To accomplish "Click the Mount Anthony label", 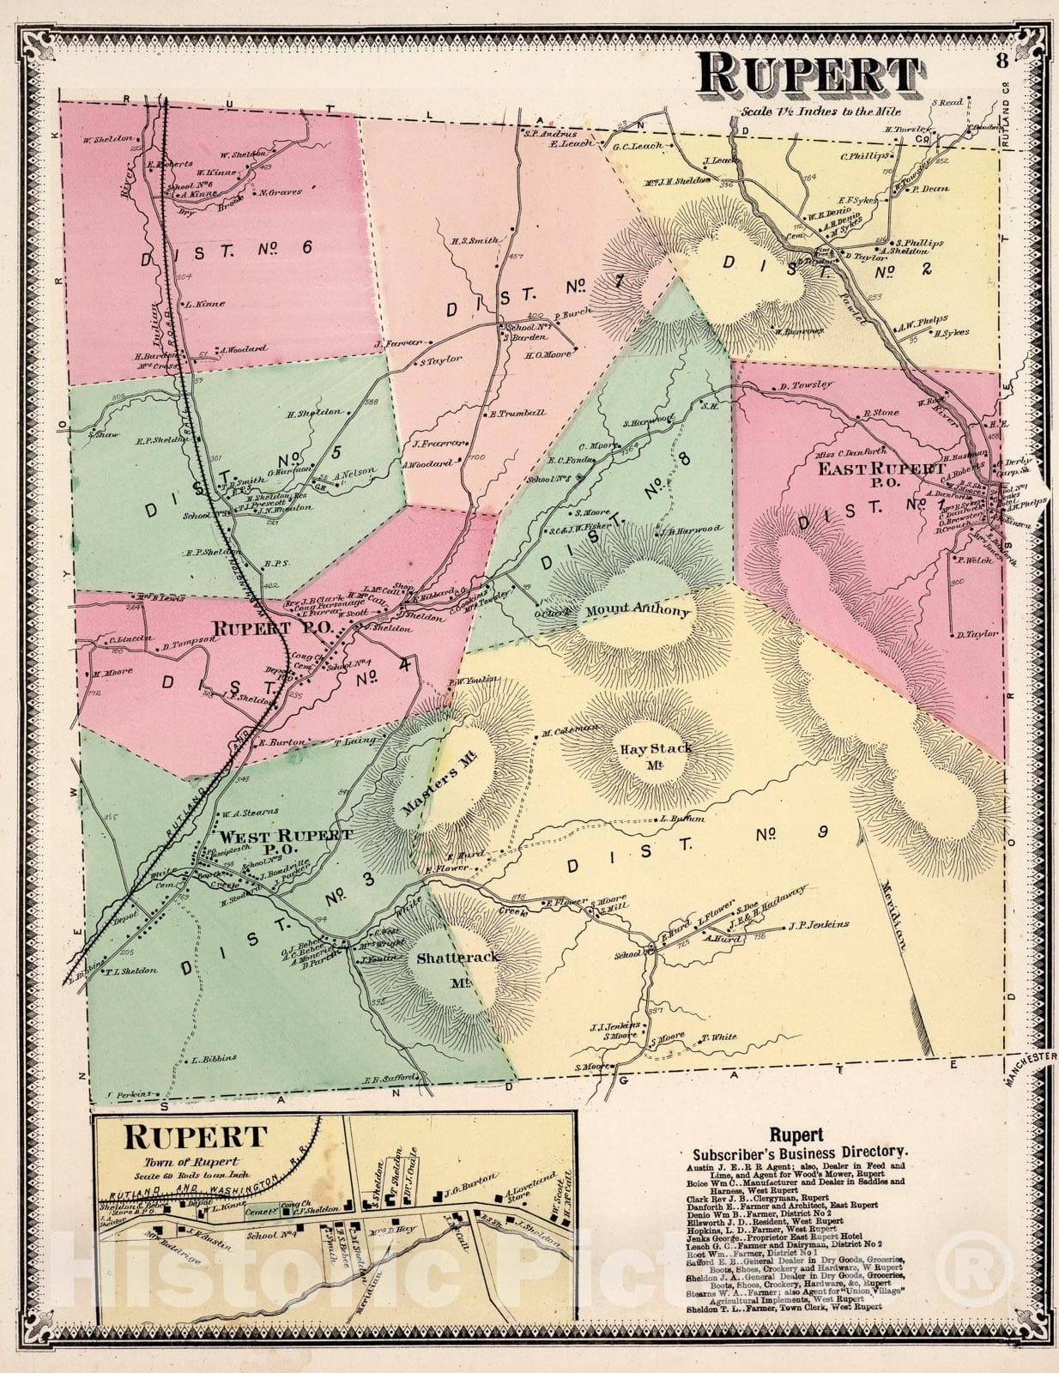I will pos(638,612).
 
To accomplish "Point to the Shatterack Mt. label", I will pos(446,967).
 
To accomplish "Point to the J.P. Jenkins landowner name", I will pos(817,924).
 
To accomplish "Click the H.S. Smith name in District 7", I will pos(475,241).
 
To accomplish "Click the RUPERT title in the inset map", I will pos(195,1138).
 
